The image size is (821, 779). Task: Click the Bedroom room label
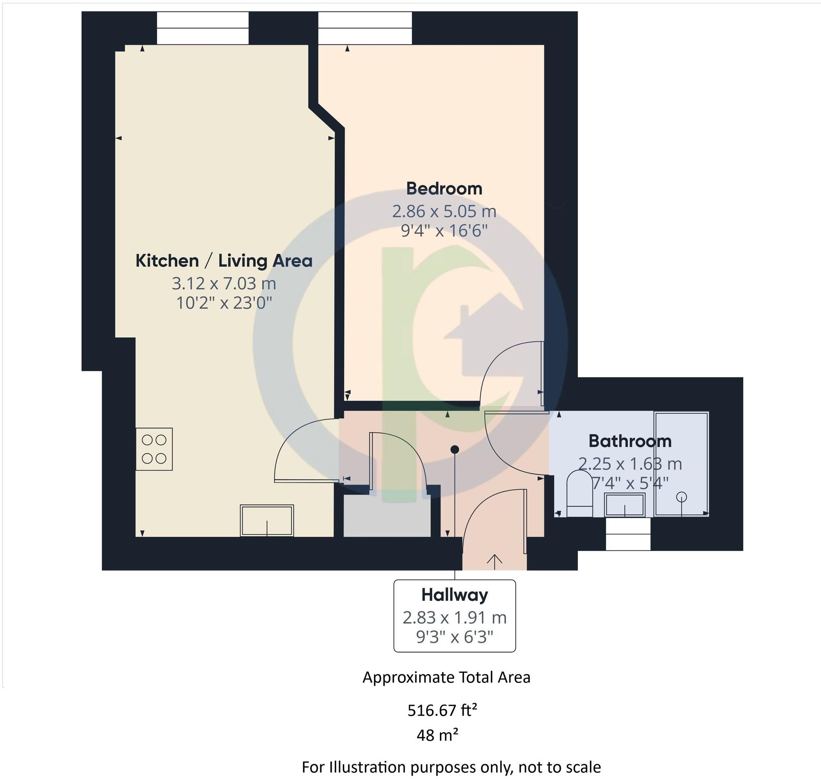point(444,189)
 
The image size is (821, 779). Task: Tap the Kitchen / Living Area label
point(224,261)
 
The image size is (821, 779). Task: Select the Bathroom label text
point(630,441)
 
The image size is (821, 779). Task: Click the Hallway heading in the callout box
point(455,595)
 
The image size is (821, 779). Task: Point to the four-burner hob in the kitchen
point(154,449)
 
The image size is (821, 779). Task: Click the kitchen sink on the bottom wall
point(267,520)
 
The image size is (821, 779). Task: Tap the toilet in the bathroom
point(580,493)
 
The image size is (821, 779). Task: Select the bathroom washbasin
point(624,505)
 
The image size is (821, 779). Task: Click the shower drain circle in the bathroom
point(681,497)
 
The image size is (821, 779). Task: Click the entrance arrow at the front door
point(495,559)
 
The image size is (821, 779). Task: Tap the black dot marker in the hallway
point(455,449)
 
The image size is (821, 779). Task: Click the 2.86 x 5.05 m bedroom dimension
point(444,212)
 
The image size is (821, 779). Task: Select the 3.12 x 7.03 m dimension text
point(224,284)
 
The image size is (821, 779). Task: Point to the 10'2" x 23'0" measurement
point(224,303)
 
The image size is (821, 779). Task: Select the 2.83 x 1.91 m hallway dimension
point(455,618)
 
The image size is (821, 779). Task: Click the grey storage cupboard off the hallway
point(386,516)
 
